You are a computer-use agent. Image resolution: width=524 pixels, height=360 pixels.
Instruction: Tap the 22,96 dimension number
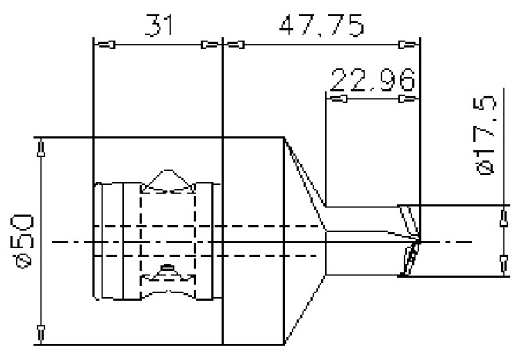(371, 81)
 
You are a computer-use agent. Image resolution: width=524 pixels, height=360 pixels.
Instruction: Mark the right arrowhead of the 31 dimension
(208, 44)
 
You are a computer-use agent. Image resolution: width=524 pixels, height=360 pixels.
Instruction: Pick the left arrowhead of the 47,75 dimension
(239, 44)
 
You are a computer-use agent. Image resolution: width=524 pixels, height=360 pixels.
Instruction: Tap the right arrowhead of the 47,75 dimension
(405, 44)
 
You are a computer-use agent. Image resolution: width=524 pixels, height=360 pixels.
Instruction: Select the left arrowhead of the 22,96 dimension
(339, 99)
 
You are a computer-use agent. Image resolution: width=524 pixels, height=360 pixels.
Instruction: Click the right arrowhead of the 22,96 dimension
(406, 99)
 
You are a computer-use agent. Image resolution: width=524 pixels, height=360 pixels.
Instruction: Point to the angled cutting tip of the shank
(410, 243)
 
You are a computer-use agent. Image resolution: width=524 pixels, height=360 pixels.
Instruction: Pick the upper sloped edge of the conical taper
(306, 182)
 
